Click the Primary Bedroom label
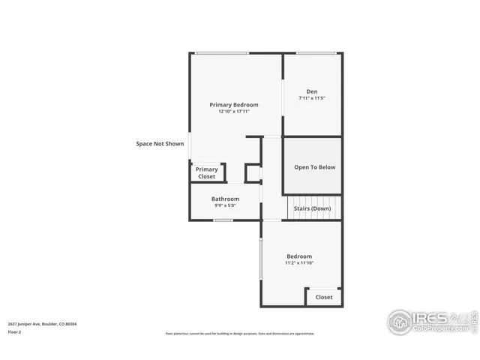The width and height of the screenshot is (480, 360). (234, 104)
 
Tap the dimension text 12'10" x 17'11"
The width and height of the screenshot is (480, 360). (234, 112)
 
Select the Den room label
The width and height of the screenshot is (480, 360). (312, 91)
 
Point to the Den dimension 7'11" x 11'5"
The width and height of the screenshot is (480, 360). (312, 98)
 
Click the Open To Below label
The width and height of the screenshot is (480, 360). (314, 167)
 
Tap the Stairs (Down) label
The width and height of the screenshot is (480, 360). (310, 208)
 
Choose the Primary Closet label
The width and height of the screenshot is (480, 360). (207, 172)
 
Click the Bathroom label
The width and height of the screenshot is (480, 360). (225, 199)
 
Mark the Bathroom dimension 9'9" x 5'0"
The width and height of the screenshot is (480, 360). (225, 205)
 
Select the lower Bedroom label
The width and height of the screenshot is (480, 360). (298, 256)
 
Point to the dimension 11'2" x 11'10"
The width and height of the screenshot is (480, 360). (298, 263)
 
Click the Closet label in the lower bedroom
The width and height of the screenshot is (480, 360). (324, 297)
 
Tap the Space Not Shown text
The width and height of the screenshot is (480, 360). (160, 143)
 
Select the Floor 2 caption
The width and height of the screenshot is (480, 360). (15, 331)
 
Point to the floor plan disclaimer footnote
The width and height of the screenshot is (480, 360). (240, 334)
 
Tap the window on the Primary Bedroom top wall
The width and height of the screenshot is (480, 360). (222, 53)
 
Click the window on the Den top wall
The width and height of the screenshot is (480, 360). (316, 53)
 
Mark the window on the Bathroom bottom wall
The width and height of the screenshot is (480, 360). (223, 220)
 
